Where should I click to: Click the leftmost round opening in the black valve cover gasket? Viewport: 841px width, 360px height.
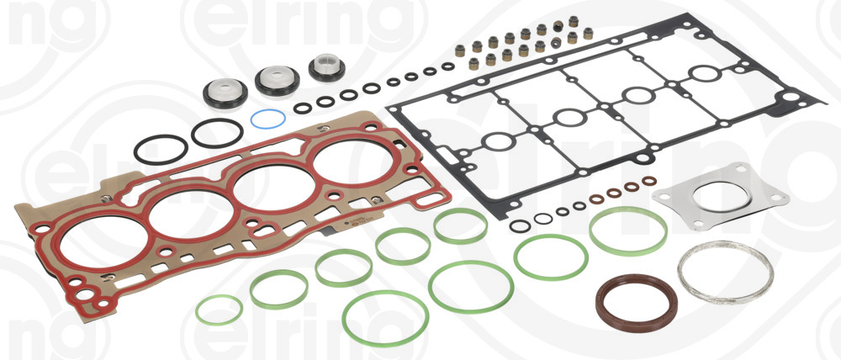[499, 141]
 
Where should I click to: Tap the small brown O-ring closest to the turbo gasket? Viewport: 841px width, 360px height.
[648, 181]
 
